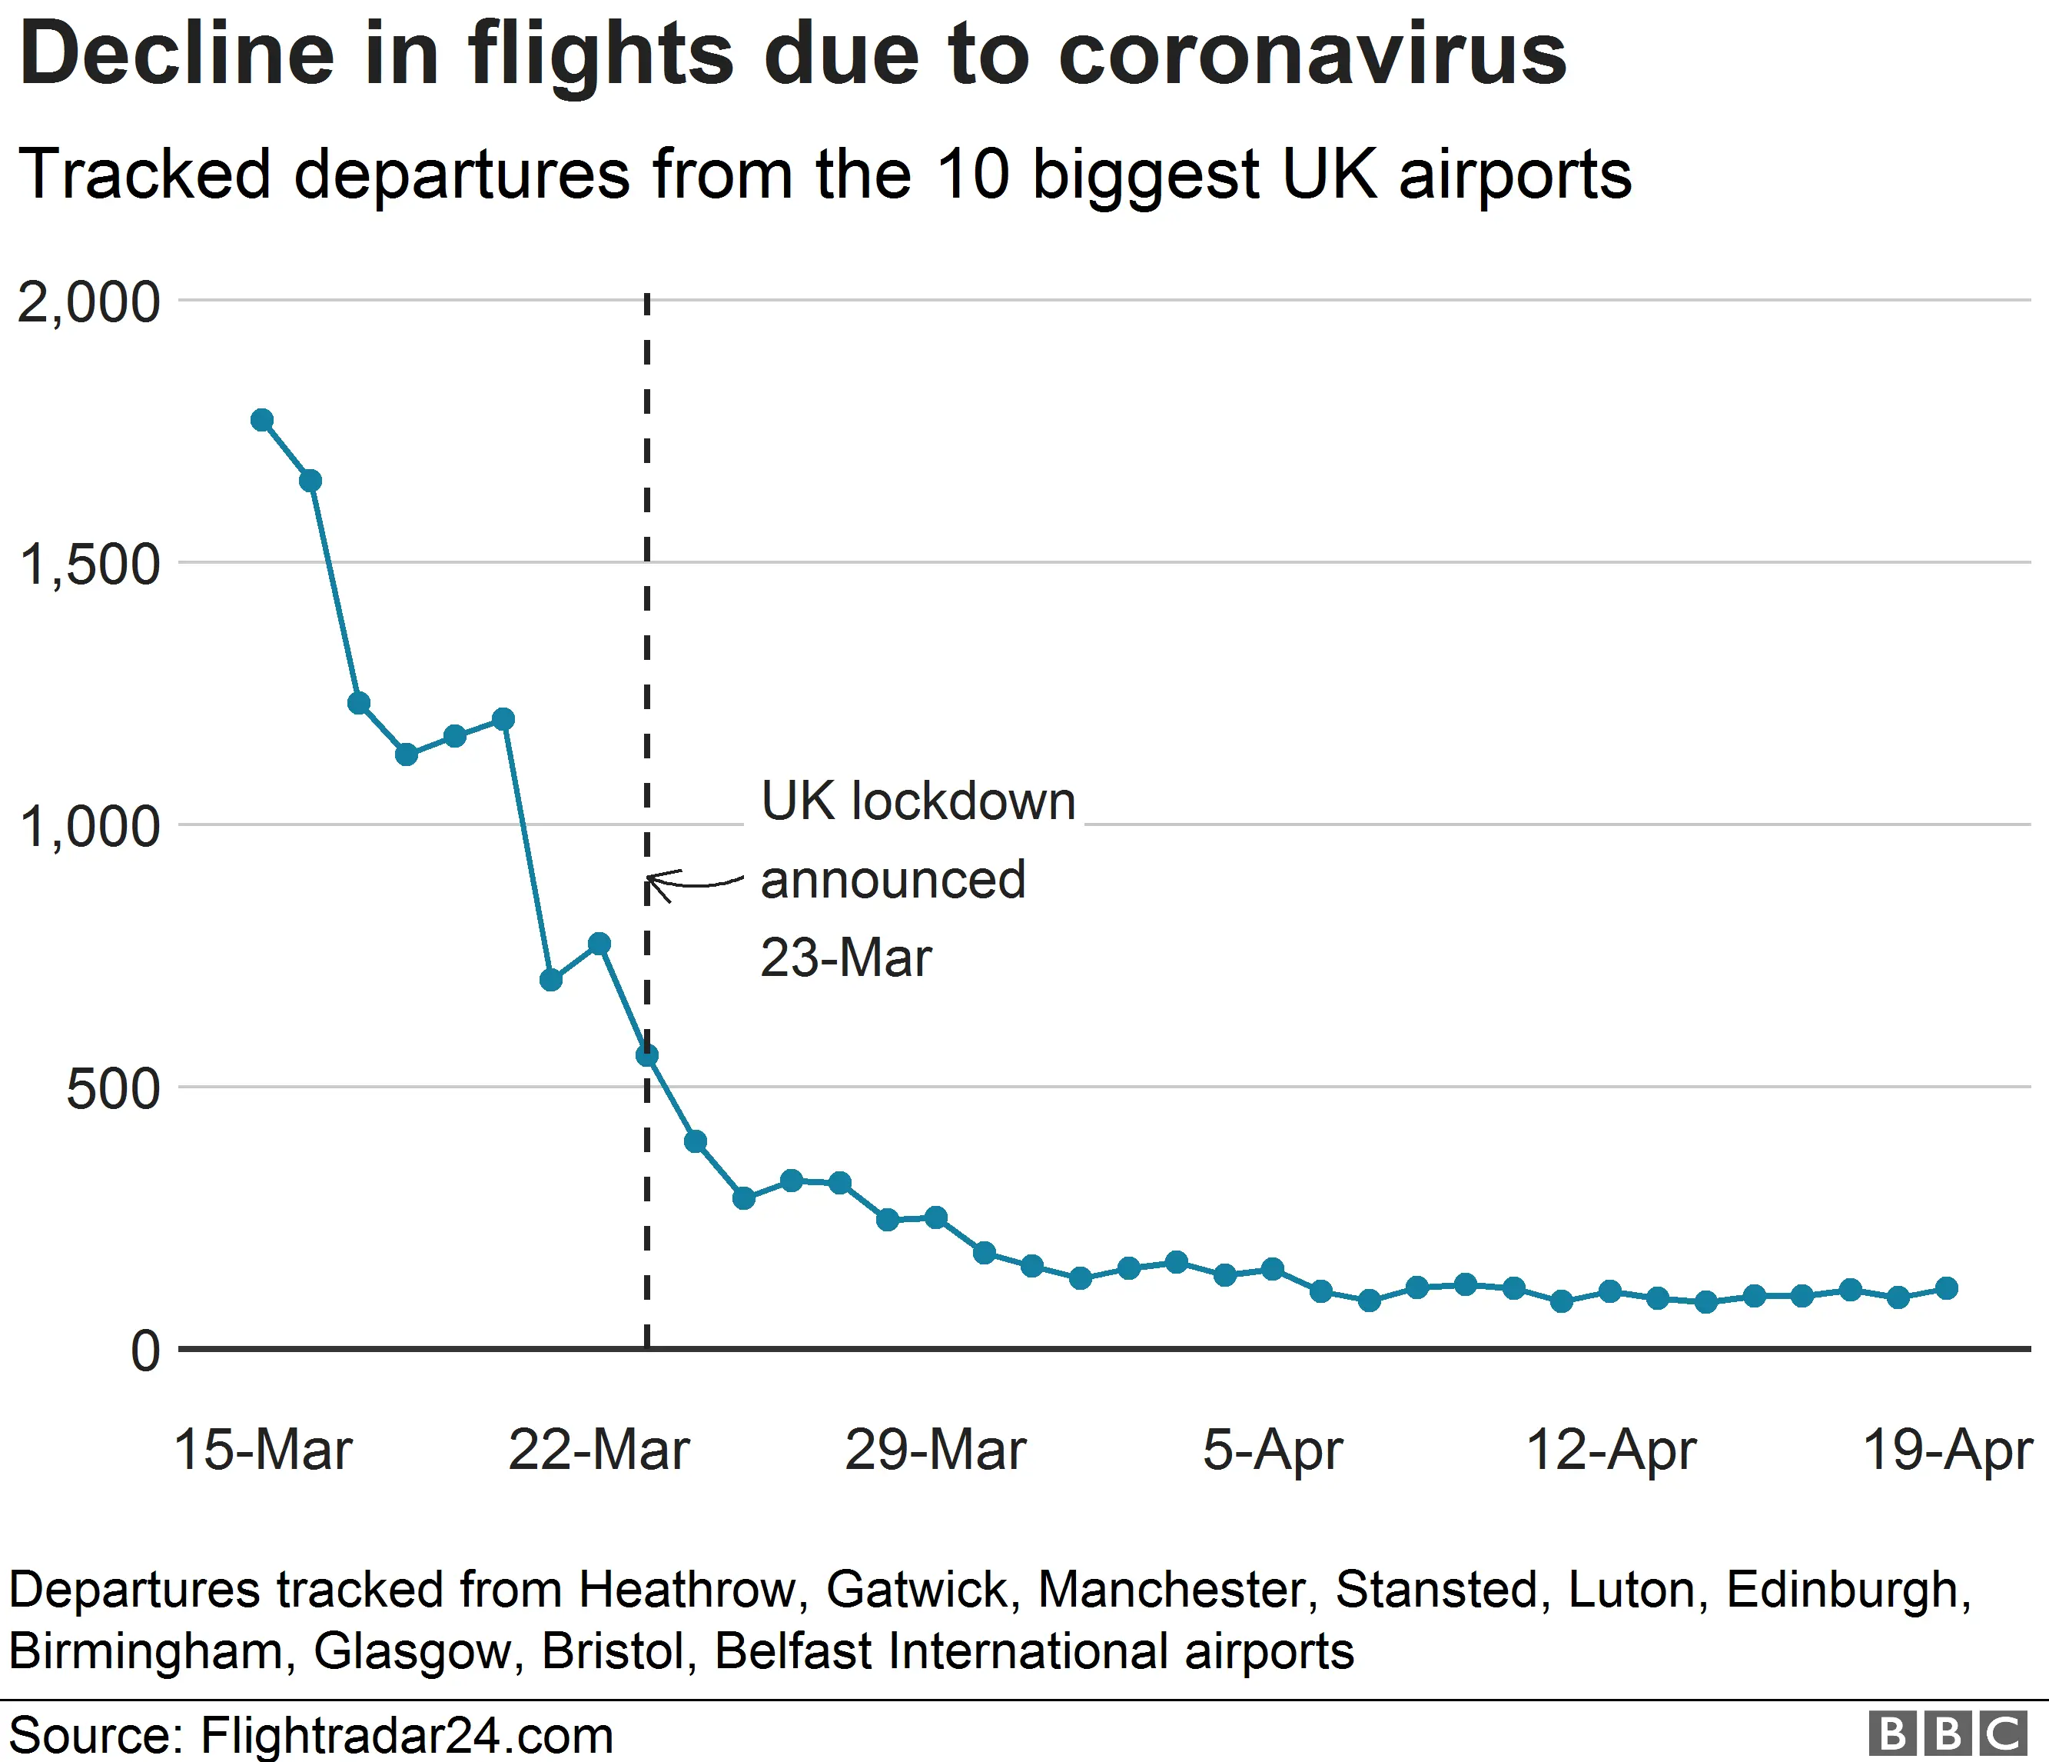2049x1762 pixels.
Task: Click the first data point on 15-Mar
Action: coord(262,419)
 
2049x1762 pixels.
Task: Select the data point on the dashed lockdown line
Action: coord(646,1056)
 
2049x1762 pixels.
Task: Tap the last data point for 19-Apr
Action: coord(1946,1288)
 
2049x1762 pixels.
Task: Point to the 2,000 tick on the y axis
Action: coord(88,301)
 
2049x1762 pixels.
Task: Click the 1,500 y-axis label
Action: coord(88,565)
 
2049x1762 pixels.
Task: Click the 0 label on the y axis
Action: coord(145,1351)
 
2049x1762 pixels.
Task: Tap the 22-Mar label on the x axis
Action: coord(598,1451)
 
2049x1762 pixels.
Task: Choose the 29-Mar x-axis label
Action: coord(935,1451)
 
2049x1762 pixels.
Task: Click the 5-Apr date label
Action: coord(1272,1451)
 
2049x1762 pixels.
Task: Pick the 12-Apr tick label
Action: coord(1611,1451)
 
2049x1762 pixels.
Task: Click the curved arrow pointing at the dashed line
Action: coord(692,881)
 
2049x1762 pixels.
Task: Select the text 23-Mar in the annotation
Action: coord(845,958)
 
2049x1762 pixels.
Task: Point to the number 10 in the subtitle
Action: coord(973,174)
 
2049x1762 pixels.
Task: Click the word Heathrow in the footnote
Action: coord(687,1590)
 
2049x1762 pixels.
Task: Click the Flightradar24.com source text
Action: coord(407,1735)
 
